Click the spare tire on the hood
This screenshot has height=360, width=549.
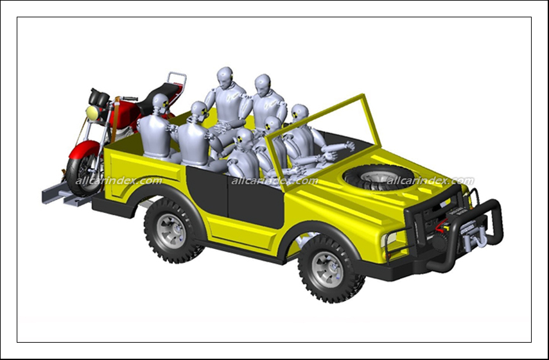pyautogui.click(x=379, y=177)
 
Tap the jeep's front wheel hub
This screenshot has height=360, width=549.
pyautogui.click(x=327, y=269)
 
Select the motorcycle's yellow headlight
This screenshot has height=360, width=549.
pyautogui.click(x=92, y=113)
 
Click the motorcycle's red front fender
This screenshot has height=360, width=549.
pyautogui.click(x=85, y=149)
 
